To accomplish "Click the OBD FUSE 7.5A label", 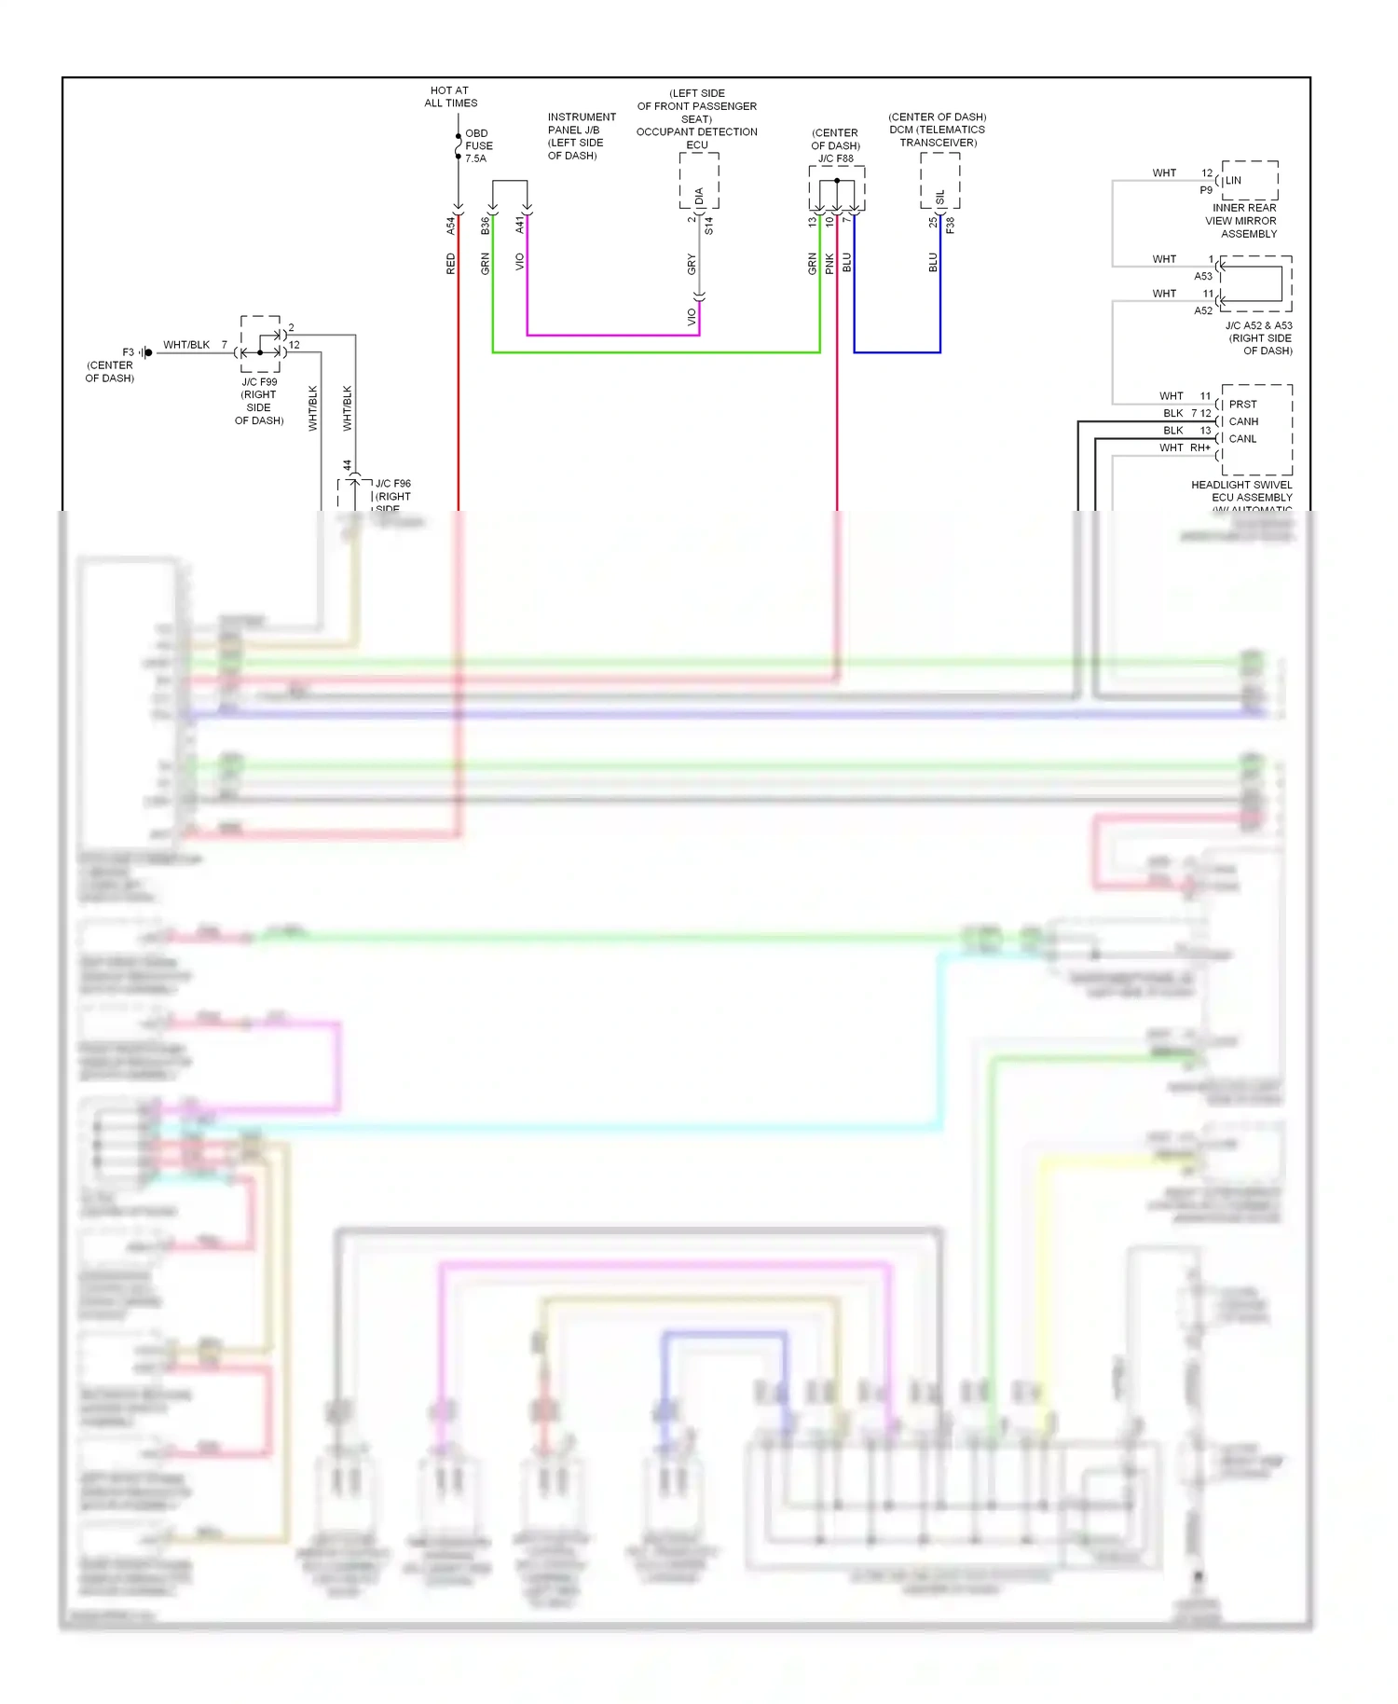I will pos(478,145).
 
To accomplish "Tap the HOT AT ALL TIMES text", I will pos(450,97).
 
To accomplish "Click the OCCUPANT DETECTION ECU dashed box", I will pos(698,180).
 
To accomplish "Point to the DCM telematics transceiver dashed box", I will pos(939,180).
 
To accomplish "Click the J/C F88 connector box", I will pos(836,189).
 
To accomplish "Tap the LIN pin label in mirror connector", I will pos(1233,181).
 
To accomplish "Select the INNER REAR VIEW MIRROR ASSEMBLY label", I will pos(1243,221).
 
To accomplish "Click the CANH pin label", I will pos(1243,421).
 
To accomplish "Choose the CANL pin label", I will pos(1242,438).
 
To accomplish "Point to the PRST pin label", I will pos(1242,405).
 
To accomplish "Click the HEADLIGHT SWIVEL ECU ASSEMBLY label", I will pos(1241,491).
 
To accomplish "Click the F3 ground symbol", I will pos(146,352).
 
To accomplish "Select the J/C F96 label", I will pos(392,484).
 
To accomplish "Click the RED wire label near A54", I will pos(451,264).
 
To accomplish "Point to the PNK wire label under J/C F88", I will pos(829,264).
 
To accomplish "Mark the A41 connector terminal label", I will pos(520,225).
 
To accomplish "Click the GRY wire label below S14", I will pos(692,264).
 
